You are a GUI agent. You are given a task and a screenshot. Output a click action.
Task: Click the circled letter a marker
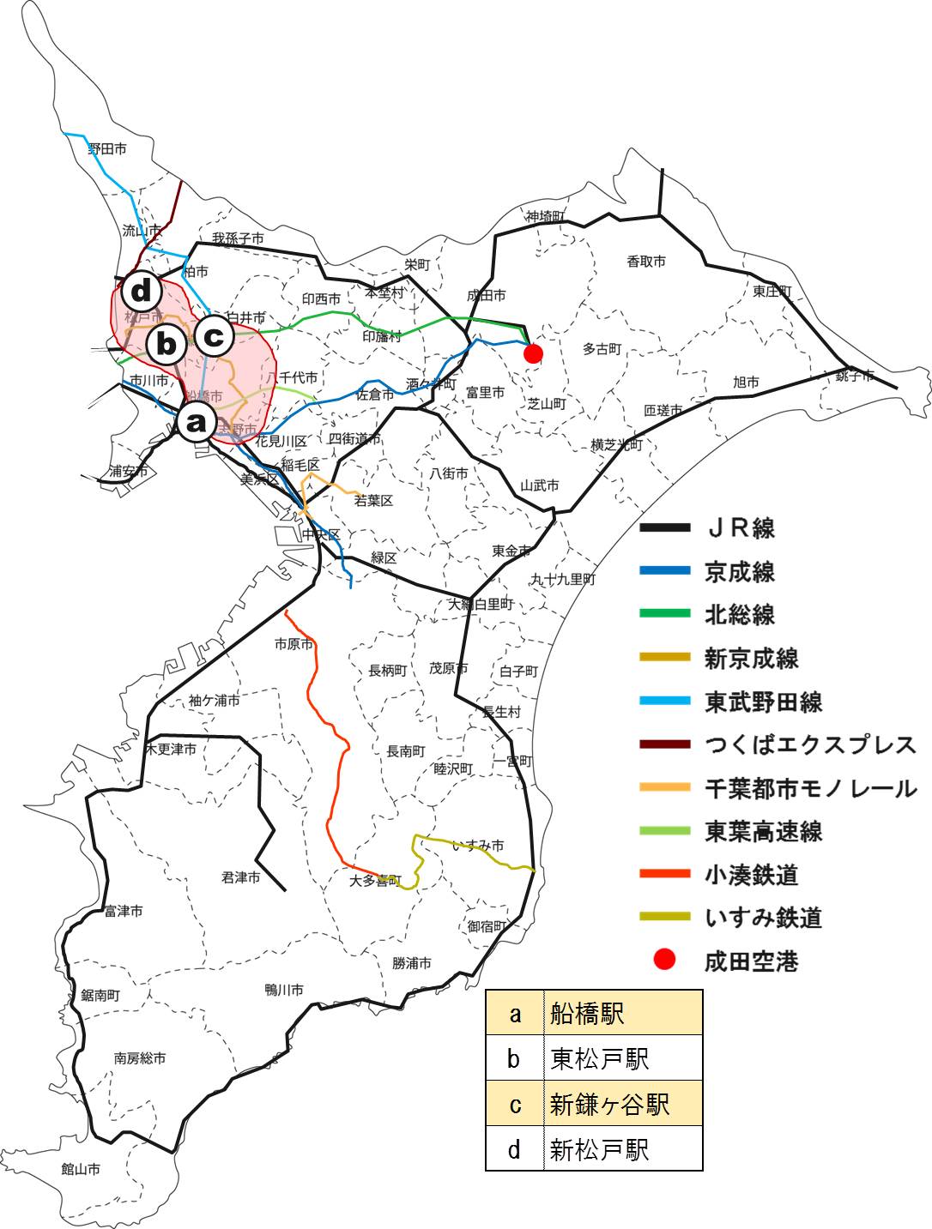pyautogui.click(x=197, y=421)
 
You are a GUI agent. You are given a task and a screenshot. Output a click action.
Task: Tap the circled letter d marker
pyautogui.click(x=142, y=291)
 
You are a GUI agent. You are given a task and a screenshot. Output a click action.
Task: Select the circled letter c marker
pyautogui.click(x=214, y=336)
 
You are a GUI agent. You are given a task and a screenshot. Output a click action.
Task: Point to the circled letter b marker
pyautogui.click(x=166, y=345)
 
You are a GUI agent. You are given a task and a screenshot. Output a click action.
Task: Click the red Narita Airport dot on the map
pyautogui.click(x=533, y=353)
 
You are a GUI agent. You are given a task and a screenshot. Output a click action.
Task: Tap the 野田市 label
pyautogui.click(x=107, y=149)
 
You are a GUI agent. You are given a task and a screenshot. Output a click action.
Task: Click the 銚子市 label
pyautogui.click(x=855, y=376)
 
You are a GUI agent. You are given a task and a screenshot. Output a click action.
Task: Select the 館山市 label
pyautogui.click(x=81, y=1168)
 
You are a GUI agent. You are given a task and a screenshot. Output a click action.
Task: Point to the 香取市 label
pyautogui.click(x=645, y=262)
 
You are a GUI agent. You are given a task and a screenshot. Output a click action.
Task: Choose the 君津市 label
pyautogui.click(x=240, y=877)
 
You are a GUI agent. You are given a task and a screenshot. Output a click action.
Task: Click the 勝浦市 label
pyautogui.click(x=412, y=963)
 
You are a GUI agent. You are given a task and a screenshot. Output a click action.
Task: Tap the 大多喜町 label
pyautogui.click(x=375, y=880)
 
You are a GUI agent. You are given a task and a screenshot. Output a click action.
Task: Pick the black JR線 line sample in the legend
pyautogui.click(x=665, y=527)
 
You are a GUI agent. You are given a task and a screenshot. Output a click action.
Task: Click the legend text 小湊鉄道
pyautogui.click(x=751, y=875)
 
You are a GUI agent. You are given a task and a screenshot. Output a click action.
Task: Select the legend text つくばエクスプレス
pyautogui.click(x=810, y=744)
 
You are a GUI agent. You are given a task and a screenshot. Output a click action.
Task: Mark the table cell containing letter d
pyautogui.click(x=514, y=1149)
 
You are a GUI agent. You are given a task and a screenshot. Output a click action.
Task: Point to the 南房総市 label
pyautogui.click(x=140, y=1058)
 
